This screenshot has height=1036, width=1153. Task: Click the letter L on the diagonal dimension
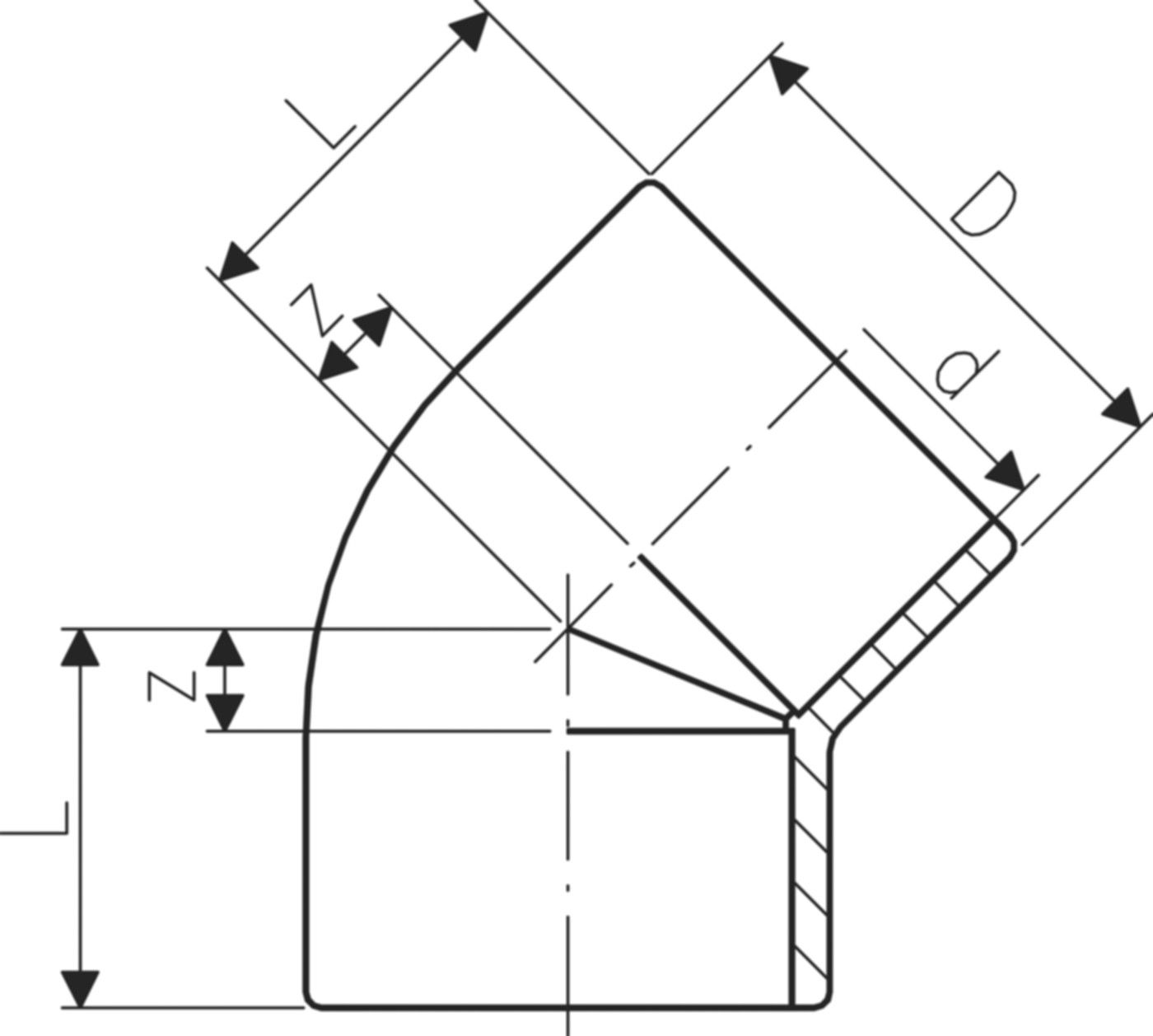321,124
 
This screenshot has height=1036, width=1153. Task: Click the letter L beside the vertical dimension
41,819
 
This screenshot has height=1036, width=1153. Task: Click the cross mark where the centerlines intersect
567,628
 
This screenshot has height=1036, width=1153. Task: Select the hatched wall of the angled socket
906,626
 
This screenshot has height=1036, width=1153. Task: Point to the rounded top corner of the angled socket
650,183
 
